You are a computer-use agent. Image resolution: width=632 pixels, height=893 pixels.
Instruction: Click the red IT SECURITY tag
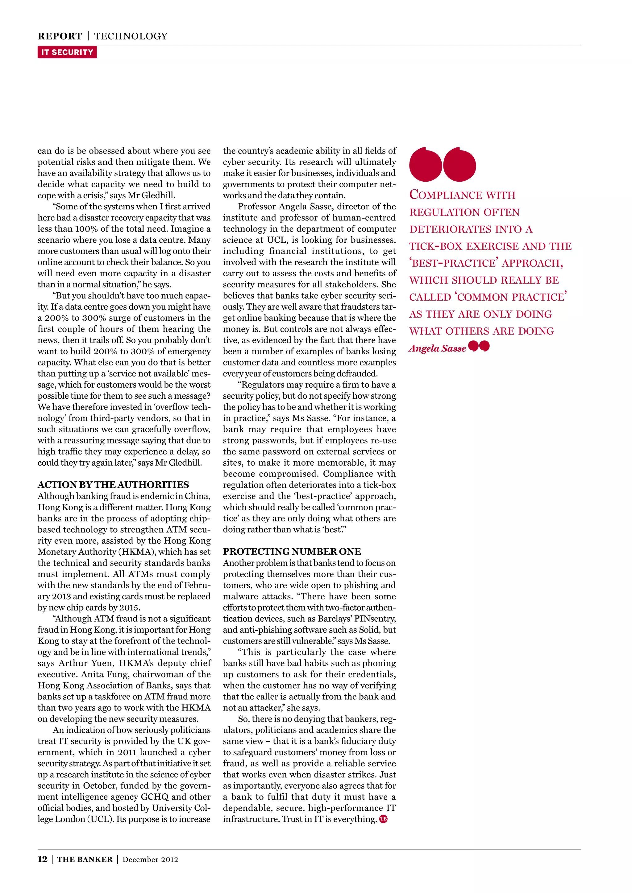pyautogui.click(x=67, y=52)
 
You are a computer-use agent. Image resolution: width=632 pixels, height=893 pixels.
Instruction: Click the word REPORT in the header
pyautogui.click(x=60, y=36)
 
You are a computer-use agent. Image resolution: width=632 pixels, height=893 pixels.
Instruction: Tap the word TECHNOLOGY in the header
pyautogui.click(x=131, y=36)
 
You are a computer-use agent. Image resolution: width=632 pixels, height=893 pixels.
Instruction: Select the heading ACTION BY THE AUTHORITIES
pyautogui.click(x=113, y=485)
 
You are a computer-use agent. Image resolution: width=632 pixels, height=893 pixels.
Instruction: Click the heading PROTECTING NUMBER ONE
pyautogui.click(x=292, y=552)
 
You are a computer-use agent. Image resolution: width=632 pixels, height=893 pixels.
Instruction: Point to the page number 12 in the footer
pyautogui.click(x=42, y=859)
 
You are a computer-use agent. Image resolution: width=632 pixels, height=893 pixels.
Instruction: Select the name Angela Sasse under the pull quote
pyautogui.click(x=437, y=348)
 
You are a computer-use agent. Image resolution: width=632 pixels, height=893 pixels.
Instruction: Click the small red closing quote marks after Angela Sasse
pyautogui.click(x=479, y=346)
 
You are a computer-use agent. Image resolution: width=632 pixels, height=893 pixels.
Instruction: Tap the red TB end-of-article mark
pyautogui.click(x=383, y=819)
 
